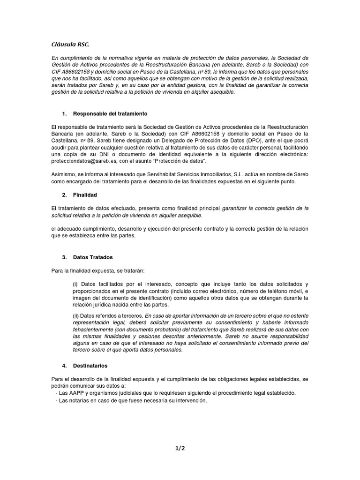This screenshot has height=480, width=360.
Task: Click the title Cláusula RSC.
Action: tap(69, 45)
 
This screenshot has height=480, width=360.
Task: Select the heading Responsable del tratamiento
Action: tap(111, 114)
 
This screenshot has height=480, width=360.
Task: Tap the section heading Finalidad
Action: tap(85, 194)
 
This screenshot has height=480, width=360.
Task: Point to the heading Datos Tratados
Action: tap(93, 257)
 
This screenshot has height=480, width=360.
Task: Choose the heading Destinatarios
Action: tap(92, 365)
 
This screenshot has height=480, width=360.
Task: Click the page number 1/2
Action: tap(180, 448)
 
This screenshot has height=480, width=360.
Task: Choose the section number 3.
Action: tap(64, 257)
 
